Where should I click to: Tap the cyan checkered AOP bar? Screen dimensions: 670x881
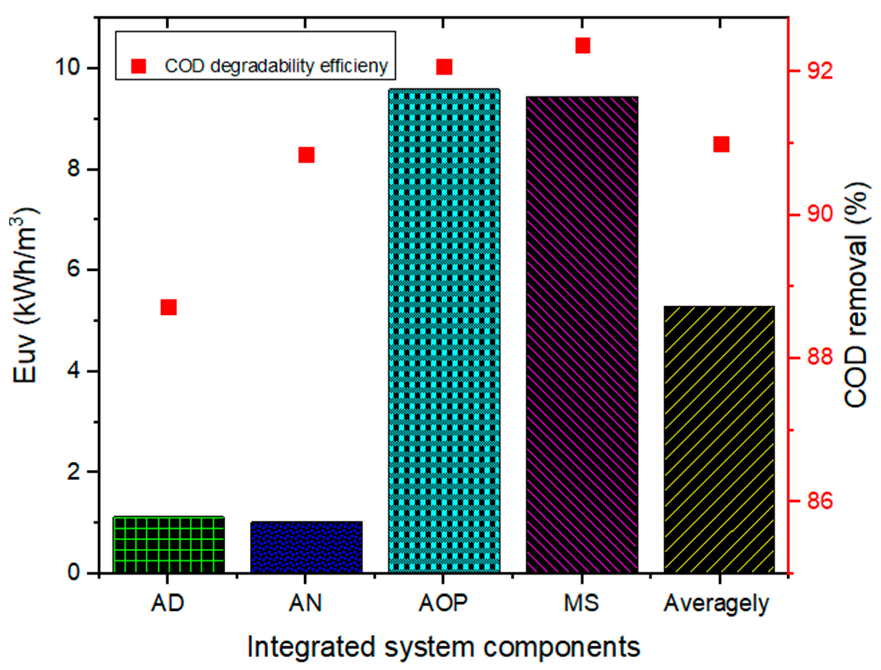click(444, 331)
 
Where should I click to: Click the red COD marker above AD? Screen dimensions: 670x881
click(168, 307)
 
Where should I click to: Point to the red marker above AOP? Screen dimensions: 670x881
click(444, 67)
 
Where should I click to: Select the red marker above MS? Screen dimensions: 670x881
click(582, 46)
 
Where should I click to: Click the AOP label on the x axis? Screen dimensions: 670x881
click(443, 603)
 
